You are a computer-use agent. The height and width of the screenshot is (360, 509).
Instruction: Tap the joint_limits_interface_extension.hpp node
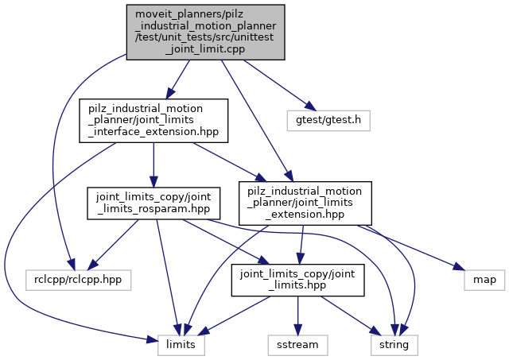(154, 120)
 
